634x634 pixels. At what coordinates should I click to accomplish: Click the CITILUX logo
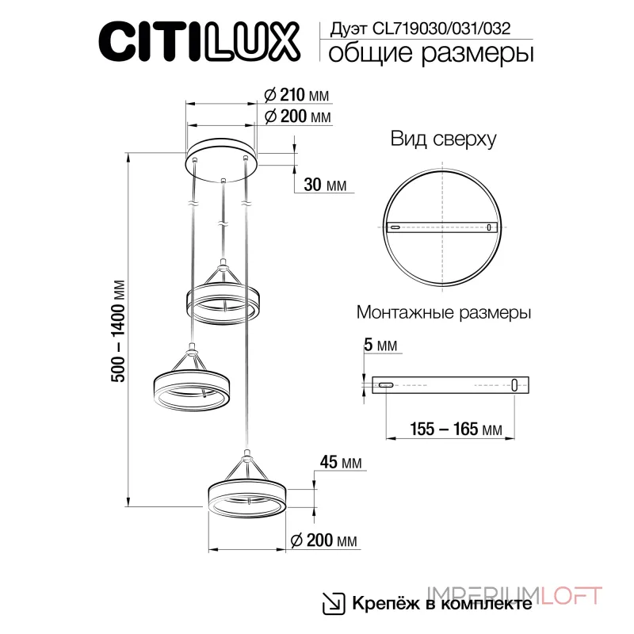[x=197, y=40]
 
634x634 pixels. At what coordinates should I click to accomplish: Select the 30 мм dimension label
[x=325, y=185]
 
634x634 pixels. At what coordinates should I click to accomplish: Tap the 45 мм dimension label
[x=340, y=462]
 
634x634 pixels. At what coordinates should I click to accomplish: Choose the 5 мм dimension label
[x=381, y=346]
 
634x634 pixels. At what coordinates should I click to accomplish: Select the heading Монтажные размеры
[x=444, y=311]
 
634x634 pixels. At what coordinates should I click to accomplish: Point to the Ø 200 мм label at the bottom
[x=321, y=540]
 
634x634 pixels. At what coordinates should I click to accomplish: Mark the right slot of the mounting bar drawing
[x=516, y=384]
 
